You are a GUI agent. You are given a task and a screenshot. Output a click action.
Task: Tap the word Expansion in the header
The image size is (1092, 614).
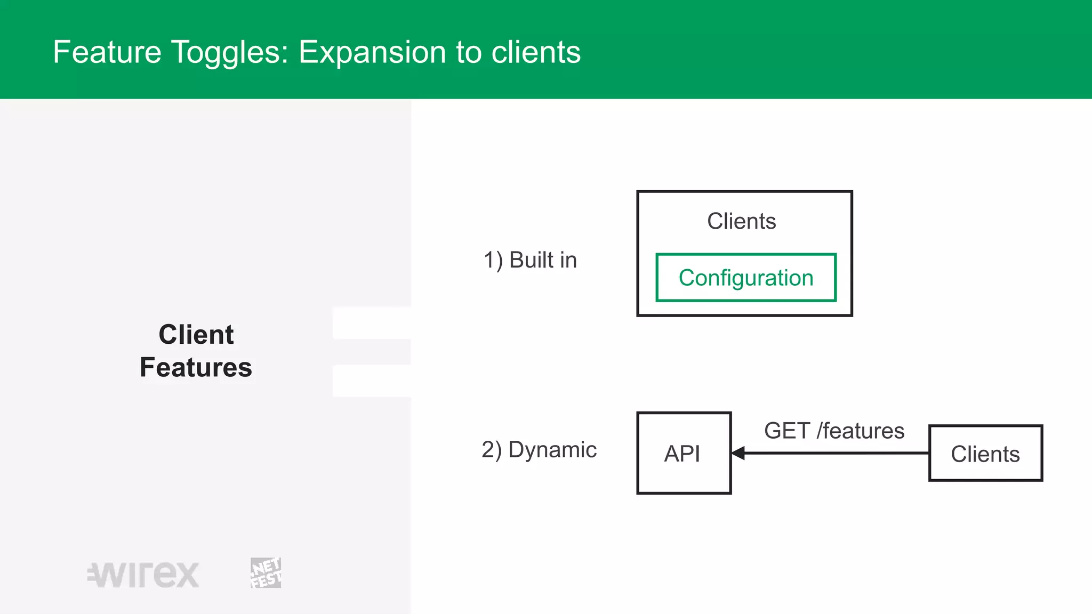372,52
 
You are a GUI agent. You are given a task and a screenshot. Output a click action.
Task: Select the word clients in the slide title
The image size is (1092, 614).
536,52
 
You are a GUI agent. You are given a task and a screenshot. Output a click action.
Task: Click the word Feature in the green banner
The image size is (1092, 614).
107,52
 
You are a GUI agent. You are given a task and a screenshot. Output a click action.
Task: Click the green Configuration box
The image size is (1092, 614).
745,278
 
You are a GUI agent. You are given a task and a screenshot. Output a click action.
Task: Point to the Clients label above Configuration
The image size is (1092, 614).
741,221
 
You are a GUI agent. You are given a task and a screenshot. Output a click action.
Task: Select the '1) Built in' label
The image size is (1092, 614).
530,260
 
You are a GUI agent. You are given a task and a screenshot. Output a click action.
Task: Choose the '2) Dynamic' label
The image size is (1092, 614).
539,450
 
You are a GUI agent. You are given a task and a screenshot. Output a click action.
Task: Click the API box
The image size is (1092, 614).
683,453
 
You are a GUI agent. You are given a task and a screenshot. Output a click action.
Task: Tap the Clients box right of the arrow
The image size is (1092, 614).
985,454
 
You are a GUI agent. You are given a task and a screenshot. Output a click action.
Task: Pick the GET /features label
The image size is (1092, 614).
834,431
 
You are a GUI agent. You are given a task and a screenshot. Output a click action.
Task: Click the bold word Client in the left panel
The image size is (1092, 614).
196,335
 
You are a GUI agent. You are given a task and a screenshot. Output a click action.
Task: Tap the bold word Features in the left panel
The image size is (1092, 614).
196,367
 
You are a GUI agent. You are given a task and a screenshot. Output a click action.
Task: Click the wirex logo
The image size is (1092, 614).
143,575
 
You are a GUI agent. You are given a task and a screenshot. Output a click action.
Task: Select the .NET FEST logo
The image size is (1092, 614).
266,573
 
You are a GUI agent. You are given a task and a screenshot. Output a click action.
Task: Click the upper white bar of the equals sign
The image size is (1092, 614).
372,323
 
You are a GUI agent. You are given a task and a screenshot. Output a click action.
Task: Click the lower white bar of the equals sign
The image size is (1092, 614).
372,381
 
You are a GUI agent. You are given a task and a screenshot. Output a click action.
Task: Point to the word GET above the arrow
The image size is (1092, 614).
786,431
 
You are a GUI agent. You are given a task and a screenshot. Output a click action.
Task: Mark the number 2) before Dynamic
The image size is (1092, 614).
492,450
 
